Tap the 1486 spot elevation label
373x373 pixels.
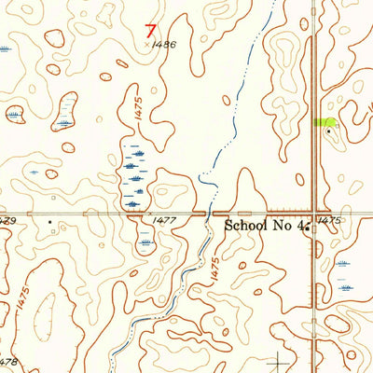(x=163, y=43)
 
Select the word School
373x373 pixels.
(x=249, y=225)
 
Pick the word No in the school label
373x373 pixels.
(x=284, y=225)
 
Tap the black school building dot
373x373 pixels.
(x=308, y=226)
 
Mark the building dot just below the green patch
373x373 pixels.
(x=328, y=131)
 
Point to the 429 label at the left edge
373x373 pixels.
(x=8, y=220)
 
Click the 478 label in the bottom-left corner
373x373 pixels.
(x=8, y=362)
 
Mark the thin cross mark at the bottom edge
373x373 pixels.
(x=279, y=361)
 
